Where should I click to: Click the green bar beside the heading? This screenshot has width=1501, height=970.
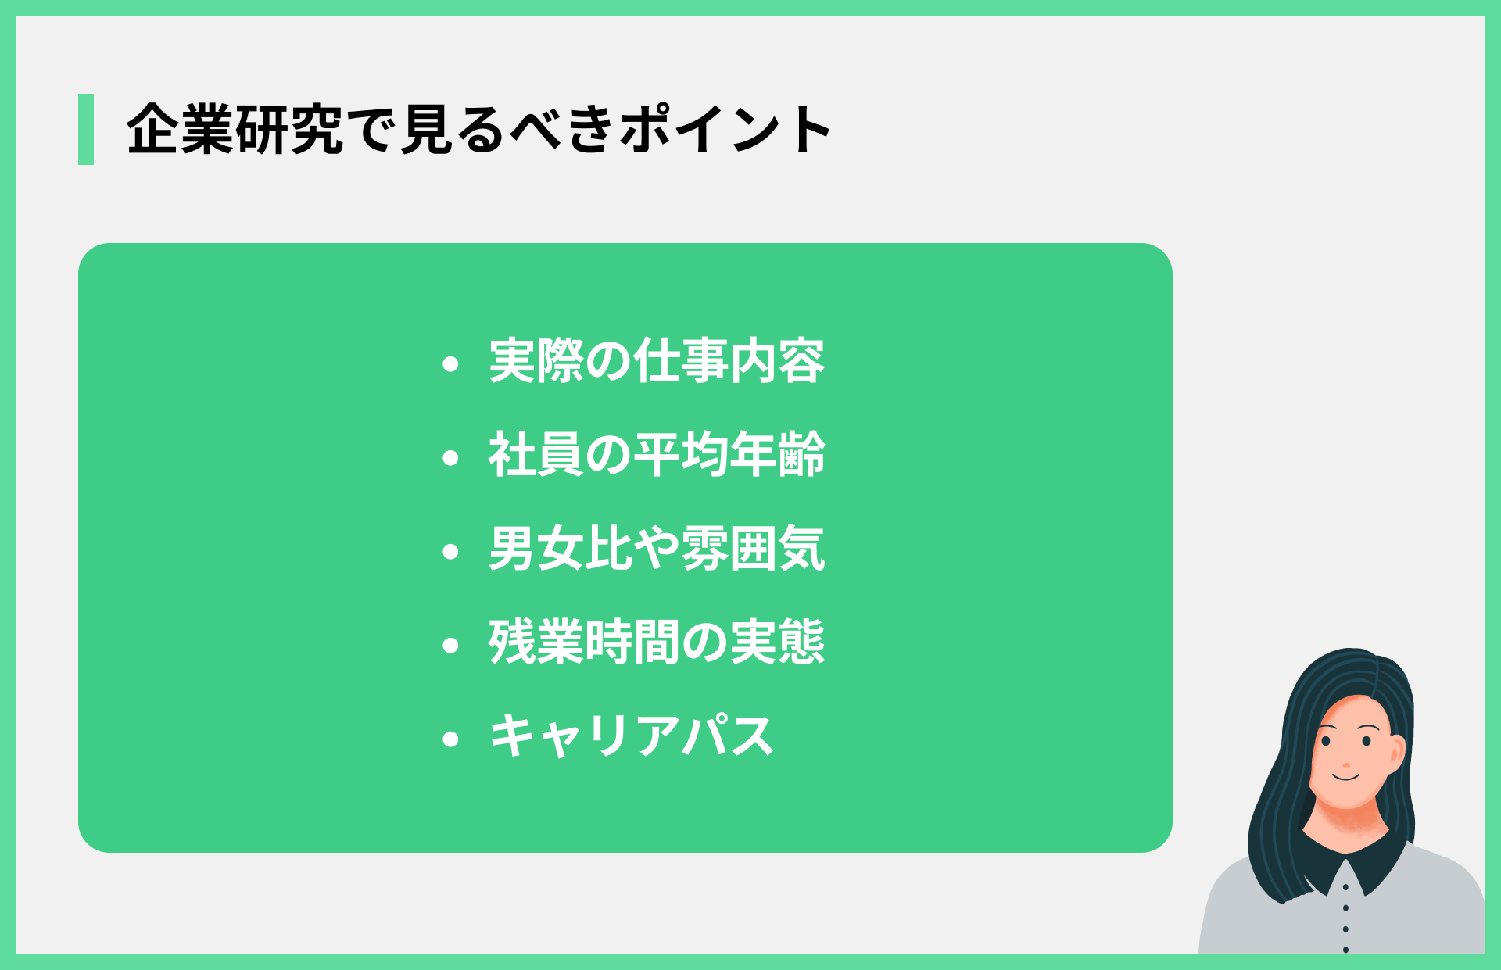(x=86, y=129)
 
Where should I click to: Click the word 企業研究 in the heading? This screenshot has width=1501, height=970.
(x=235, y=129)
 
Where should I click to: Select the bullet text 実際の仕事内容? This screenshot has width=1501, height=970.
(x=657, y=362)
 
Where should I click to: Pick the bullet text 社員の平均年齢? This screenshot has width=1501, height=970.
(x=657, y=455)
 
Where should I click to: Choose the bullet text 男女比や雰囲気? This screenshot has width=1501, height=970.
(x=657, y=549)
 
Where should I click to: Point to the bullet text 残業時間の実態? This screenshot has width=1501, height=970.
(x=657, y=642)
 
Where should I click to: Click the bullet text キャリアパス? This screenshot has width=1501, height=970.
(x=631, y=736)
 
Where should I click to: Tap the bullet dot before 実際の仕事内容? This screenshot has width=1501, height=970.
(x=450, y=363)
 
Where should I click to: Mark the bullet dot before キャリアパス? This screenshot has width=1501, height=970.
(x=450, y=739)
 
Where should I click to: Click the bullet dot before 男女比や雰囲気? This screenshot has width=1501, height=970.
(x=450, y=551)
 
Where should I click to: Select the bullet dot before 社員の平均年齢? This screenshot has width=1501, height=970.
(x=450, y=457)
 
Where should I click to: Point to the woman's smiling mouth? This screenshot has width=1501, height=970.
(x=1346, y=776)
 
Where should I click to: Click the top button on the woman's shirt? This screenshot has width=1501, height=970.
(x=1345, y=888)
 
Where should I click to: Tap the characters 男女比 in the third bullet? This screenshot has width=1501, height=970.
(x=561, y=549)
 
